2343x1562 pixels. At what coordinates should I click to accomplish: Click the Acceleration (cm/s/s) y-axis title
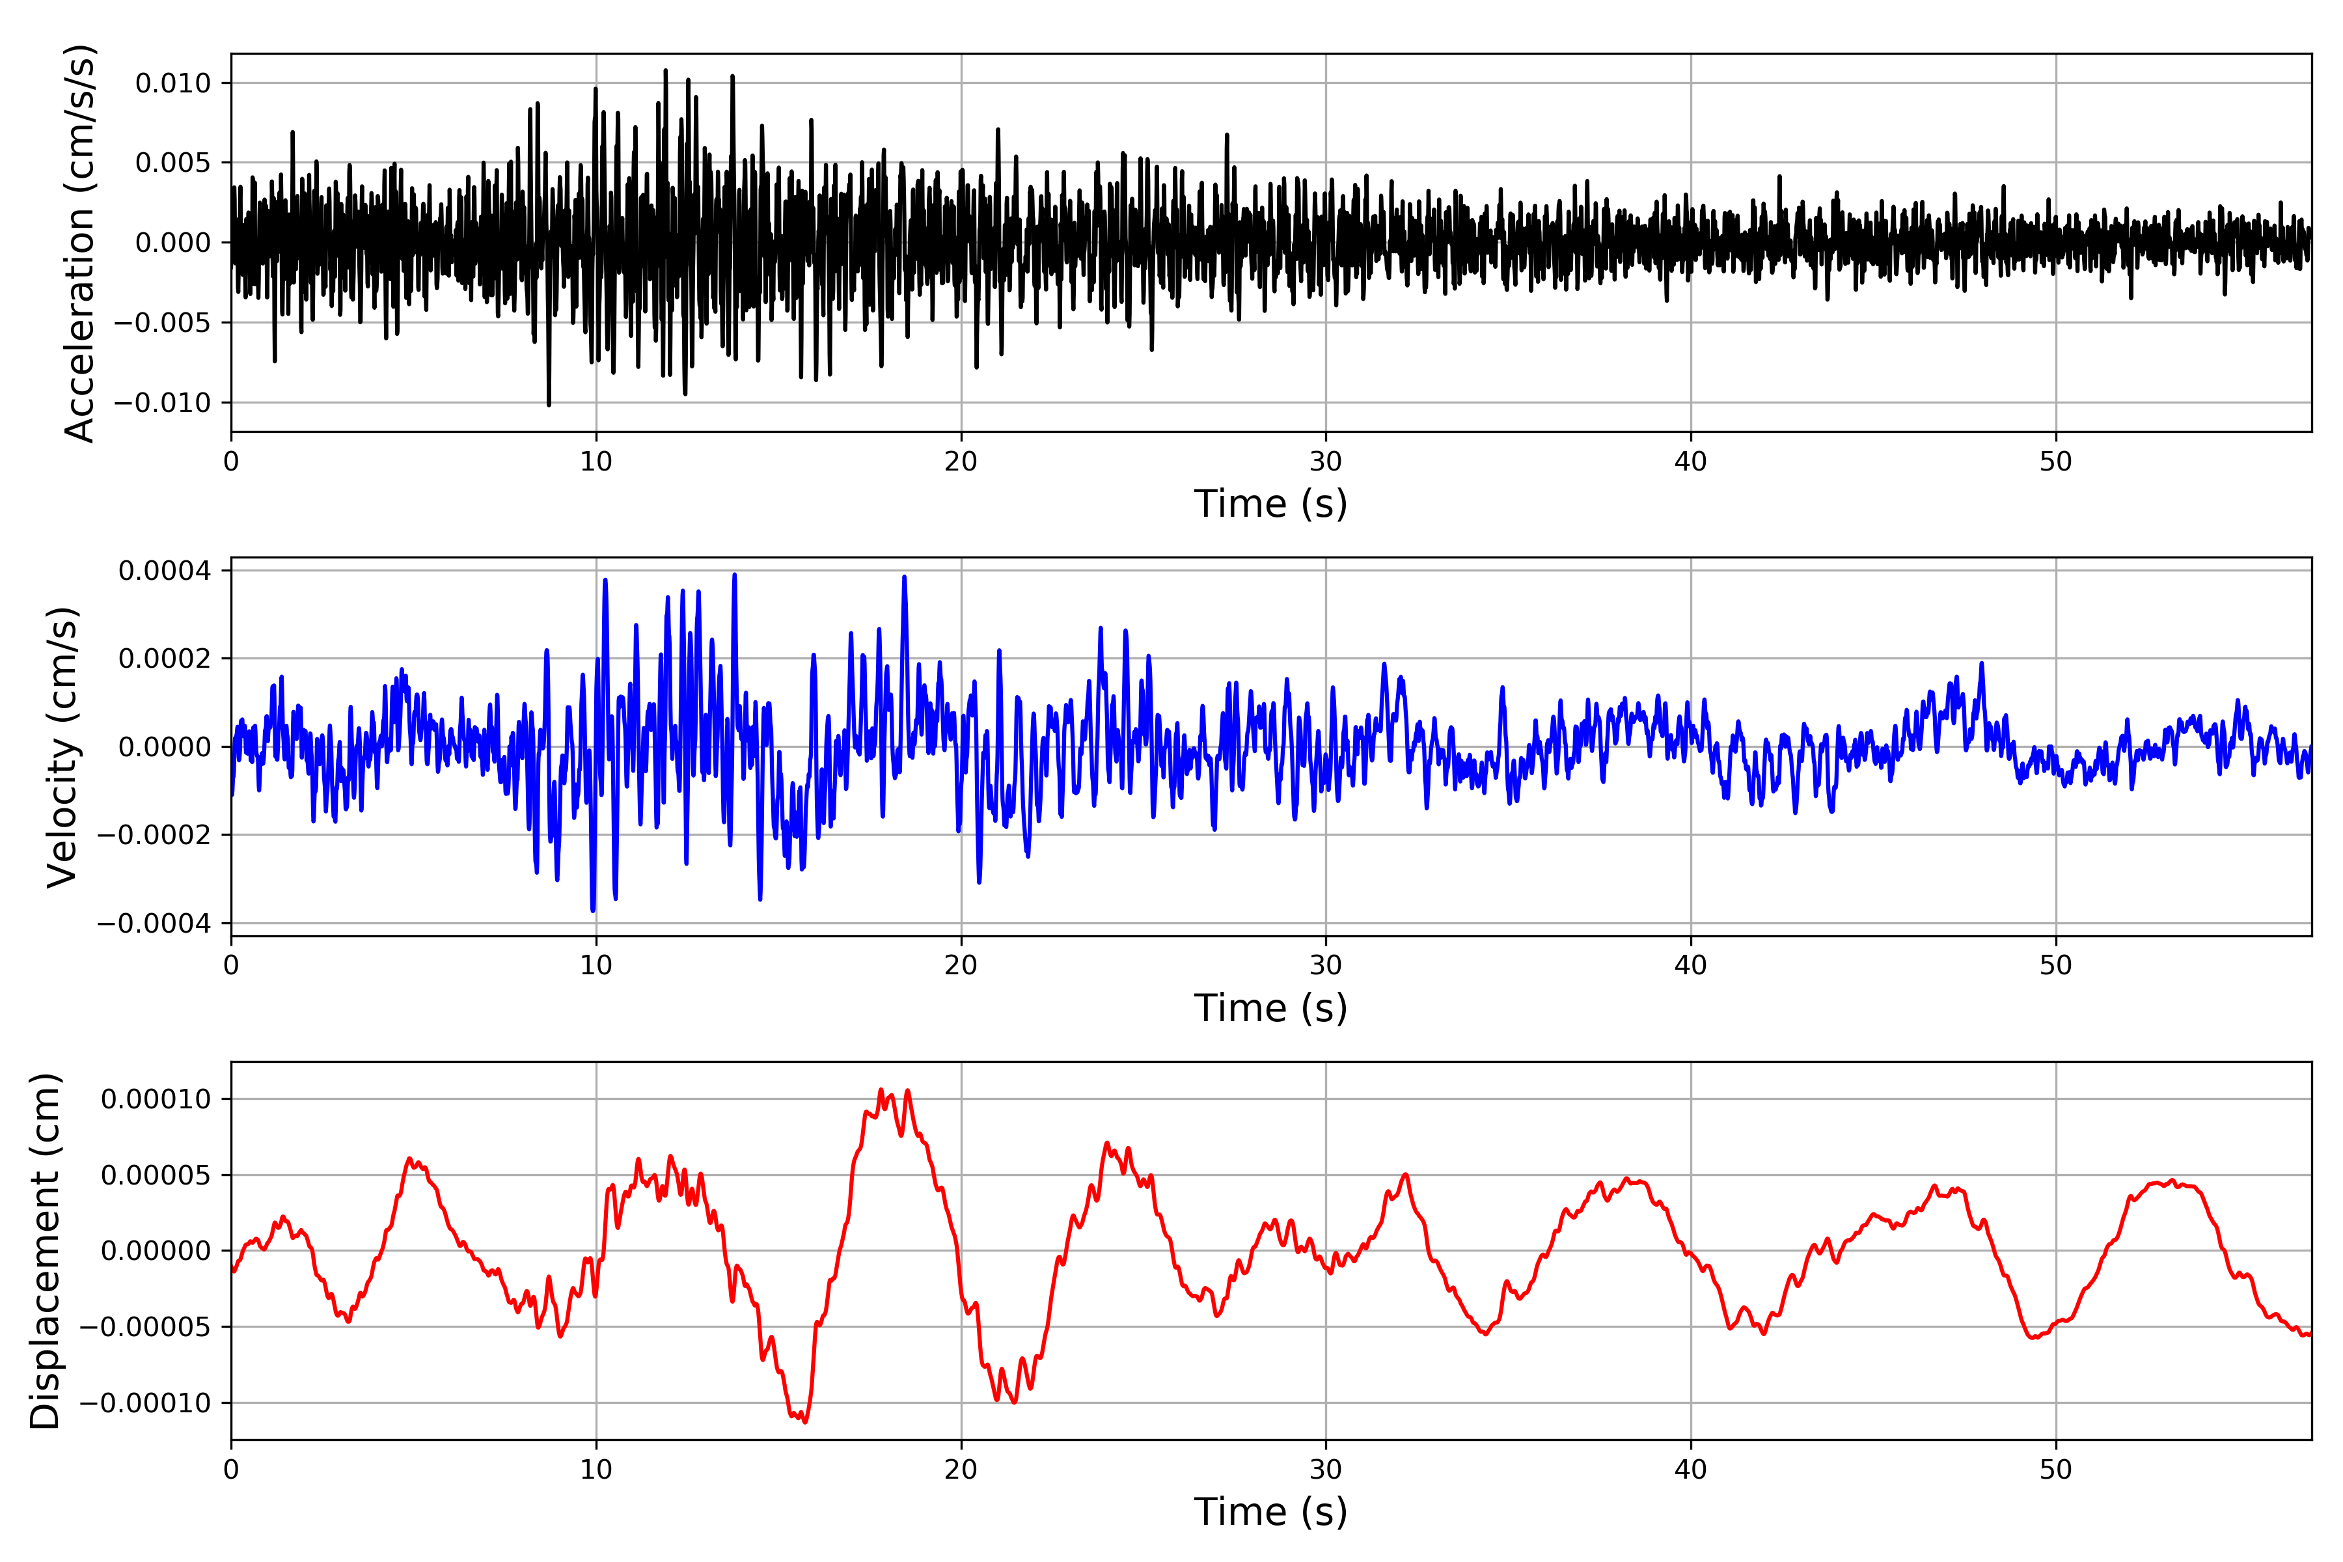[x=79, y=242]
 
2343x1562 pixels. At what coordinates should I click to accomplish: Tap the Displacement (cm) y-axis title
[x=46, y=1250]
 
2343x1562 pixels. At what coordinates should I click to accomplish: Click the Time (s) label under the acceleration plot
[x=1270, y=504]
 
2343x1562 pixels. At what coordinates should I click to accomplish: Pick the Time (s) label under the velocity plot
[x=1270, y=1008]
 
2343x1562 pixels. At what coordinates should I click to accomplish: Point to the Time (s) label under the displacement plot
[x=1270, y=1512]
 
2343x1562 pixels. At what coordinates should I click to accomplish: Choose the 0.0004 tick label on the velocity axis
[x=165, y=571]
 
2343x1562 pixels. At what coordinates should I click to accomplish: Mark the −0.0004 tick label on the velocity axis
[x=154, y=924]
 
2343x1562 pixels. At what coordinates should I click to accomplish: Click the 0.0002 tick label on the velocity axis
[x=165, y=659]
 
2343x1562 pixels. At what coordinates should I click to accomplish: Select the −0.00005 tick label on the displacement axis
[x=144, y=1327]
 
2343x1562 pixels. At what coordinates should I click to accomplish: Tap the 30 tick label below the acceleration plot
[x=1326, y=461]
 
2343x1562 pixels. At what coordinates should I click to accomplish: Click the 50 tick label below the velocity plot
[x=2055, y=965]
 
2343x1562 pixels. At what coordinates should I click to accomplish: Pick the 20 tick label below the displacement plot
[x=961, y=1470]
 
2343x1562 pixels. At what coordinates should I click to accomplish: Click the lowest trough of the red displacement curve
[x=805, y=1421]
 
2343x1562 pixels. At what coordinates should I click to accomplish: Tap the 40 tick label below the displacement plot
[x=1690, y=1470]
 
